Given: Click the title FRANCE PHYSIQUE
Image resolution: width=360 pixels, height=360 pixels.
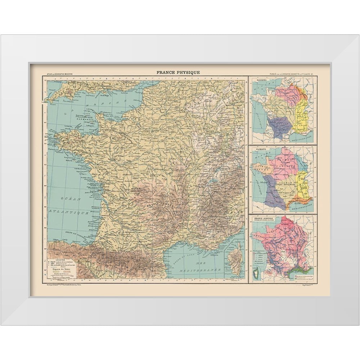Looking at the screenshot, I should (x=178, y=72).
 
